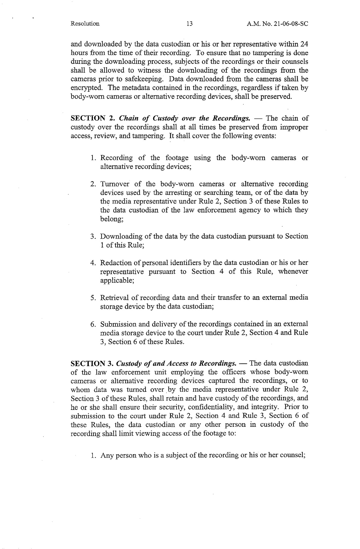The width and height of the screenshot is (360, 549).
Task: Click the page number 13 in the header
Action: pyautogui.click(x=189, y=24)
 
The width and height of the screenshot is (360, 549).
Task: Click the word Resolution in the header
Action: pyautogui.click(x=85, y=24)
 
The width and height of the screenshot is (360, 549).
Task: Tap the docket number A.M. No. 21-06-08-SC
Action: pyautogui.click(x=277, y=24)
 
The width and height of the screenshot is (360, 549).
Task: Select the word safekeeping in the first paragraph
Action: pyautogui.click(x=145, y=79)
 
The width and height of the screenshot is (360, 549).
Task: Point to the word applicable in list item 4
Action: pyautogui.click(x=117, y=280)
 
